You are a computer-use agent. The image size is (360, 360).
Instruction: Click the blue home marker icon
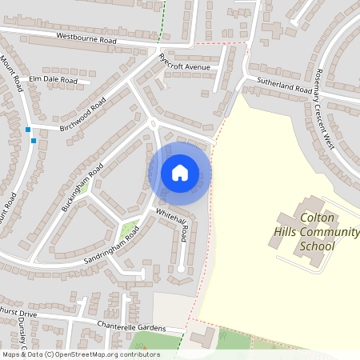point(180,172)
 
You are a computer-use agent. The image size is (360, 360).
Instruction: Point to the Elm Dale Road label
point(53,81)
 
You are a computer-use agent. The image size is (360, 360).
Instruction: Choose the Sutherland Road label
point(283,86)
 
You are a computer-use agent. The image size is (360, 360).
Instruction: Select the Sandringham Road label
point(110,246)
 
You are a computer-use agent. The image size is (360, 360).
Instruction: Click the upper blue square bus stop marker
point(28,130)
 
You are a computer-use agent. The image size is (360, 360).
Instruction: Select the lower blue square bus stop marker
point(34,141)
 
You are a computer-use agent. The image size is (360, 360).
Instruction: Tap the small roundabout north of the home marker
point(152,123)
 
